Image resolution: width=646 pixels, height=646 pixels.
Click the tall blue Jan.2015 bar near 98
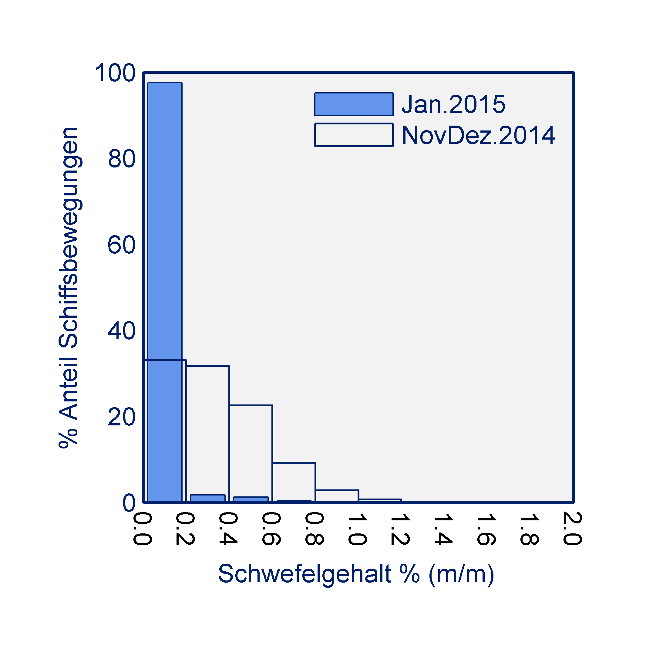point(165,234)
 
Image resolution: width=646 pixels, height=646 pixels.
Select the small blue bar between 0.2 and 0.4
point(208,498)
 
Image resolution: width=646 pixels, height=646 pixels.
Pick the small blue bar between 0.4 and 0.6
point(251,499)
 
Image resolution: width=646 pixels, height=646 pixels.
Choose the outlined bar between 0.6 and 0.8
point(294,482)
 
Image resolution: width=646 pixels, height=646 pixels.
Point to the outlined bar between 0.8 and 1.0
point(337,496)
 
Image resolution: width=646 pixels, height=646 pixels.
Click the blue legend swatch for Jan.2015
point(354,104)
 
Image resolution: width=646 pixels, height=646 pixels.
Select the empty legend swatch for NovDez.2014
point(354,135)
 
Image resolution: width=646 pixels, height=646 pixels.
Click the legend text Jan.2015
point(453,104)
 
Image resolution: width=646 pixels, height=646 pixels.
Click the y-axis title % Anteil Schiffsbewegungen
point(69,288)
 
